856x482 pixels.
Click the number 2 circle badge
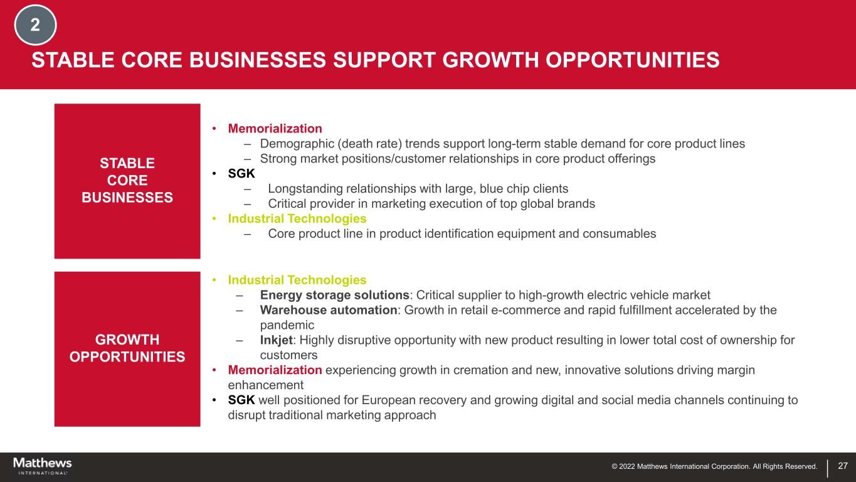35,25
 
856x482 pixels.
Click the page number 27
843,466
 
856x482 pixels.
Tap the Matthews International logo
43,466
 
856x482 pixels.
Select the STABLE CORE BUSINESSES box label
127,180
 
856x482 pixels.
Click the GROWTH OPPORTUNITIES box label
127,348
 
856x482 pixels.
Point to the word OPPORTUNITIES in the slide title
633,60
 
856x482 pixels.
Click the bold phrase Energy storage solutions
335,295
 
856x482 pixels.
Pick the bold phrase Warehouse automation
329,310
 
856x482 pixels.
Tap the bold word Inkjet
277,340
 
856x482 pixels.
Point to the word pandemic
287,325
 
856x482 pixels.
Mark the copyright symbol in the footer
615,466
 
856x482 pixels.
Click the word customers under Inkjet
288,355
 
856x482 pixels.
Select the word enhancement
266,385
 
